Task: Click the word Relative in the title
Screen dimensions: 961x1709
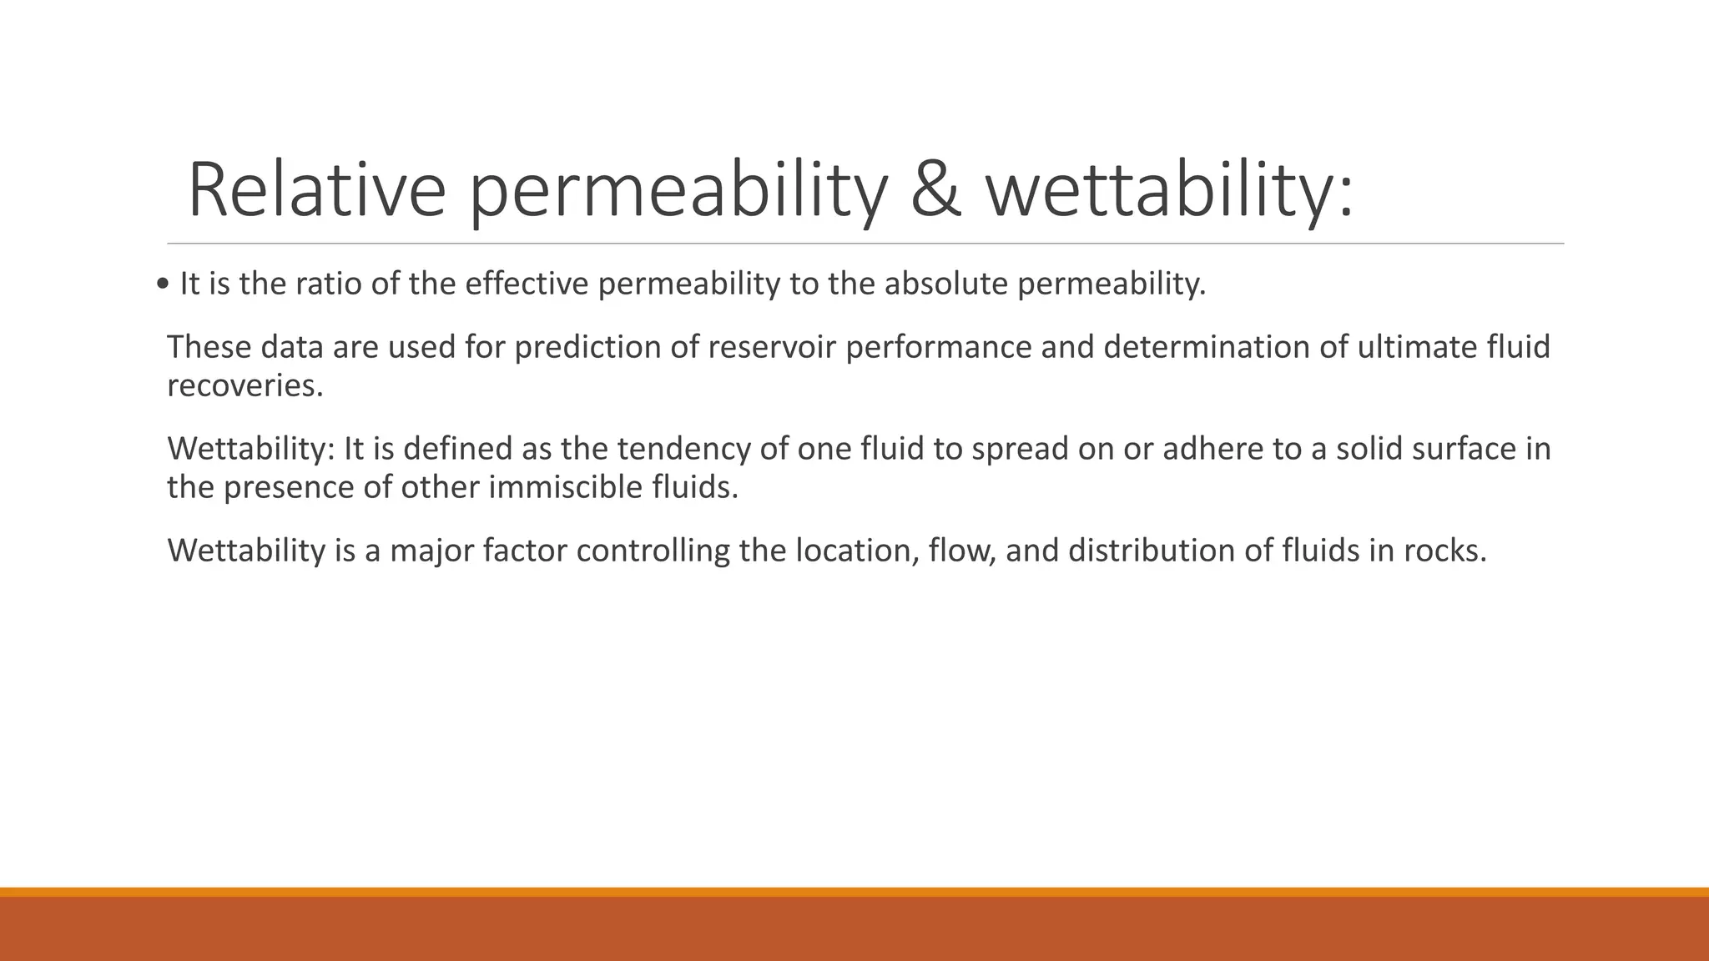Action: pos(316,190)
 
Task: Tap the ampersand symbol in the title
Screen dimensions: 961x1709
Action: pos(935,190)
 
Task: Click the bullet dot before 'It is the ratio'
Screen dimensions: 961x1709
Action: pos(162,285)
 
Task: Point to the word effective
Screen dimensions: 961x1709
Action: pos(527,284)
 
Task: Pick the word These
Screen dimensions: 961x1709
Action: pos(209,347)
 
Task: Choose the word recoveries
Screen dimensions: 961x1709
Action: pos(245,386)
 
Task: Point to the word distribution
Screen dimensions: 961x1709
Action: pos(1152,551)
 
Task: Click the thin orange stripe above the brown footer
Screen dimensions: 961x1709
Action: pos(854,892)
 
